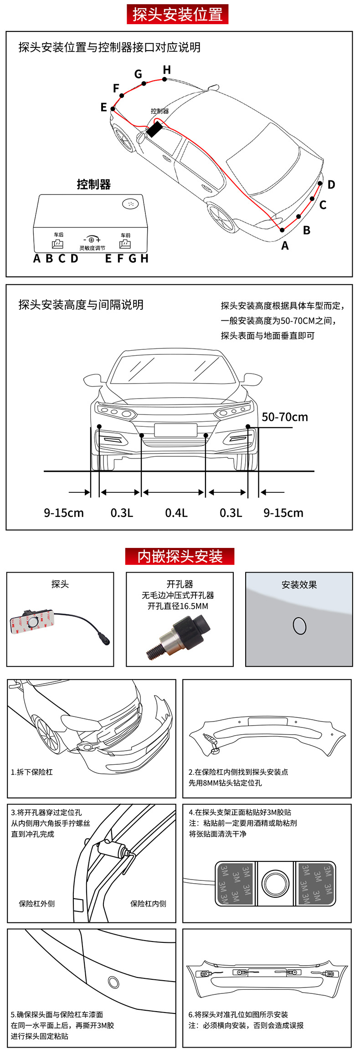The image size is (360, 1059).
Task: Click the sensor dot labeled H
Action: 165,79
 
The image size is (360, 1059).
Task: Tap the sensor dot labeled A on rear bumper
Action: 282,230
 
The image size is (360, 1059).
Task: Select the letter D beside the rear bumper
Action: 331,184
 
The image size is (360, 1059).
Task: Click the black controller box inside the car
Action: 154,129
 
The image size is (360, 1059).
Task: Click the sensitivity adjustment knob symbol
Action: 92,240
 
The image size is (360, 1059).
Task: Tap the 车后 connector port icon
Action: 58,244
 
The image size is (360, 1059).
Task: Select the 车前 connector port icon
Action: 125,244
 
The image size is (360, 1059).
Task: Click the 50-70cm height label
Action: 285,417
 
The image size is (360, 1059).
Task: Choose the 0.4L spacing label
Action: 176,513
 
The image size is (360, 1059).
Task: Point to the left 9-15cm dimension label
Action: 64,513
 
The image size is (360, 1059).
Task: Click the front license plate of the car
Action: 175,430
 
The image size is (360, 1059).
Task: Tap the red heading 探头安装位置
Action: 177,15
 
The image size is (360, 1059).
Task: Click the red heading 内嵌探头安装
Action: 180,556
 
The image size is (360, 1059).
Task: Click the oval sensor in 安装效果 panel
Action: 299,626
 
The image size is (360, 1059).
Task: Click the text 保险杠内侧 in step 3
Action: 148,904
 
